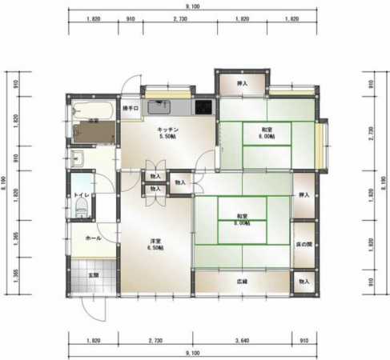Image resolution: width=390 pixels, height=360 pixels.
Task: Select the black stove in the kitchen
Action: coord(203,106)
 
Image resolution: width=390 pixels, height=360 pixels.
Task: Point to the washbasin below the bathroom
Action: coord(78,156)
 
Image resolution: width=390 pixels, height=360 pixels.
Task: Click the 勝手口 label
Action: coord(131,107)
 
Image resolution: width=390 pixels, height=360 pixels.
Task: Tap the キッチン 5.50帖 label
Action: coord(167,133)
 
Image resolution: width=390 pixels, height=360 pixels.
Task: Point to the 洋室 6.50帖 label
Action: coord(155,245)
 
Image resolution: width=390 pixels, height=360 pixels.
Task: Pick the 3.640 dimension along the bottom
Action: coord(241,342)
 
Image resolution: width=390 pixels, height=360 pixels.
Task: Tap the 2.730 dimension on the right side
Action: coord(371,130)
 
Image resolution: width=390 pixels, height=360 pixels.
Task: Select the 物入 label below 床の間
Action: coord(304,282)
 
